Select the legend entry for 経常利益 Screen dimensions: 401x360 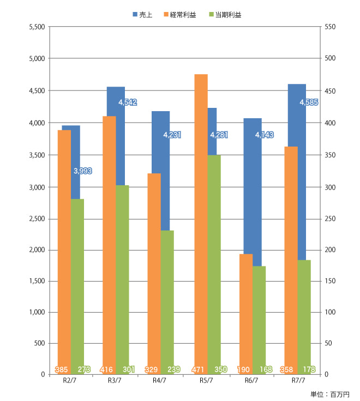coord(178,15)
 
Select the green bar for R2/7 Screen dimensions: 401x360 coord(77,283)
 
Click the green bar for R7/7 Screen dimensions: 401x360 coord(304,316)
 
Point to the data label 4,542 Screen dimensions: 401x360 coord(127,102)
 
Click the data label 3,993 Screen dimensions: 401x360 coord(82,171)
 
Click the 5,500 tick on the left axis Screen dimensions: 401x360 coord(35,27)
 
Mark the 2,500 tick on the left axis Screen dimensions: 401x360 coord(35,219)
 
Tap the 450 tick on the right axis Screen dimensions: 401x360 coord(331,90)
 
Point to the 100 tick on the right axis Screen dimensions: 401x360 coord(331,312)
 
